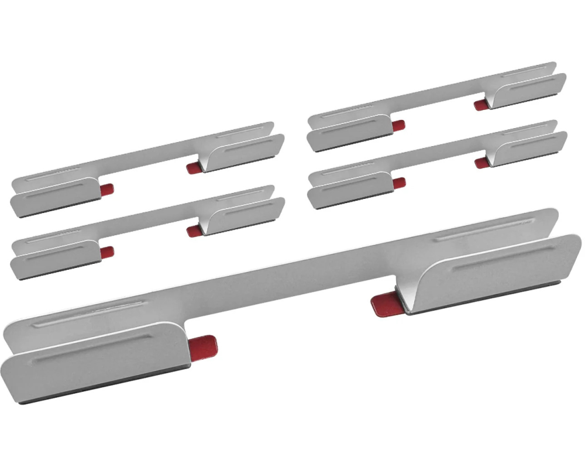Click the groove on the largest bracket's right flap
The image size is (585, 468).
tap(503, 258)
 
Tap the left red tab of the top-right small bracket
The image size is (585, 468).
tap(398, 125)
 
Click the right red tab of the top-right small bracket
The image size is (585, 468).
tap(481, 105)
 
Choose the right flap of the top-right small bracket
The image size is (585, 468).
tap(526, 91)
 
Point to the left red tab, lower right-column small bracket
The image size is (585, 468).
tap(399, 183)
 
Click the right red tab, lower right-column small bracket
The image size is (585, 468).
tap(482, 162)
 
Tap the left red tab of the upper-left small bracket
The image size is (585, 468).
tap(106, 189)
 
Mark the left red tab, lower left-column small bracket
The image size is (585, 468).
tap(107, 252)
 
